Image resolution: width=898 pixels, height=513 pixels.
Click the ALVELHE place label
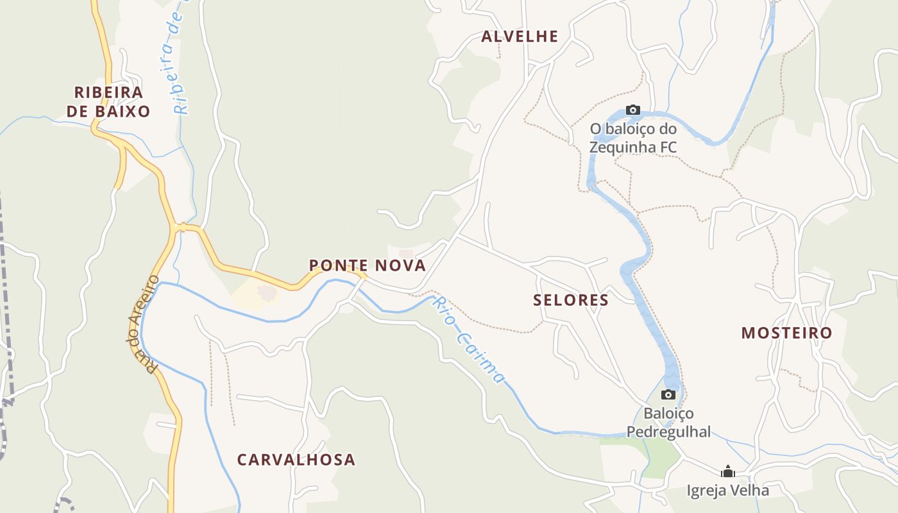coord(520,37)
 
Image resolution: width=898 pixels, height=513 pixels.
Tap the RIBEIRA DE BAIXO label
coord(108,102)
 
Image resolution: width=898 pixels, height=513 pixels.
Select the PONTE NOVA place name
coord(368,265)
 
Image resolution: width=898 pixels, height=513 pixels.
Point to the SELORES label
coord(571,300)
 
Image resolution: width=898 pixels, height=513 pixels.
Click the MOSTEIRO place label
coord(786,333)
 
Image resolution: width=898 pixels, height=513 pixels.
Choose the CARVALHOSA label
coord(296,460)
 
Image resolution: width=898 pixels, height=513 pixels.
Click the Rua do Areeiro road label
coord(142,324)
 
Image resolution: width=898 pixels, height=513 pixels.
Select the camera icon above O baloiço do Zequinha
coord(633,110)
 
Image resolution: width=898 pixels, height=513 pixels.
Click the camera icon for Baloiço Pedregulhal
coord(668,394)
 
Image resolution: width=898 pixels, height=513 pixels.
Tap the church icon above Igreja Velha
coord(728,472)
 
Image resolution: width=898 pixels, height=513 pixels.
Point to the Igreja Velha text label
coord(728,491)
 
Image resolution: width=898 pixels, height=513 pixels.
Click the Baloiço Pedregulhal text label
coord(668,423)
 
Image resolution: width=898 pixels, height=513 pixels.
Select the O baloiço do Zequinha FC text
coord(633,138)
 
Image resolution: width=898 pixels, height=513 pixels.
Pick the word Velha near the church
coord(749,491)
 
